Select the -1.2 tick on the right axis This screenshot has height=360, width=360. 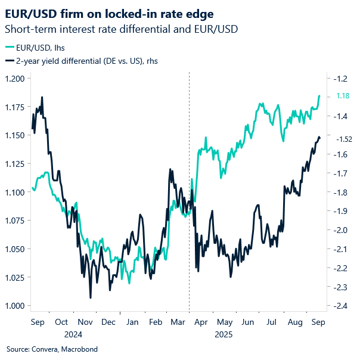(342, 79)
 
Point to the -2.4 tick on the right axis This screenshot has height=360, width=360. (342, 306)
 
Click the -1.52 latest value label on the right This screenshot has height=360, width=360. (344, 139)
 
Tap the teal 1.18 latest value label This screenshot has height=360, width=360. (343, 96)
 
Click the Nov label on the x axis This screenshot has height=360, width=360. (85, 322)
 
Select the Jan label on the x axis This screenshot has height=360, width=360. (132, 322)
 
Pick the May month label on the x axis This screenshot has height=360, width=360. (225, 322)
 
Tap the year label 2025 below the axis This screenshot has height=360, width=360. (225, 334)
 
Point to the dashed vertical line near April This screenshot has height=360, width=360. (189, 179)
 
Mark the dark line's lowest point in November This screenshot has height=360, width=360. (91, 297)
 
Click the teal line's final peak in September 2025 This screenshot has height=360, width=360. (319, 95)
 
